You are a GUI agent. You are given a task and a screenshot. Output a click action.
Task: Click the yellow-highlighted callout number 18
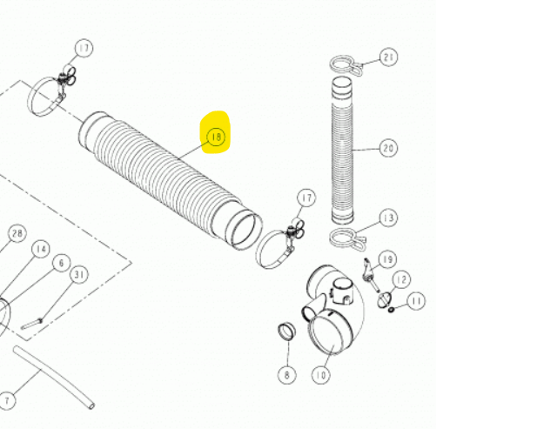click(215, 137)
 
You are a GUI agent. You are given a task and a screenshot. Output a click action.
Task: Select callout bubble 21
click(388, 58)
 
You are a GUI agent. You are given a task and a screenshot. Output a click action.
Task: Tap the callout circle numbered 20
click(388, 149)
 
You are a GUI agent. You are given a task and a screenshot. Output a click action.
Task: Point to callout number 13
click(387, 218)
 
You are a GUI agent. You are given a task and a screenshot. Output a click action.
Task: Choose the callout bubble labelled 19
click(388, 258)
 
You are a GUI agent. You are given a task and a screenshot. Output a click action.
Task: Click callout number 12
click(401, 278)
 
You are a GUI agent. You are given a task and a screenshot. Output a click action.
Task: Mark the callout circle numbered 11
click(417, 301)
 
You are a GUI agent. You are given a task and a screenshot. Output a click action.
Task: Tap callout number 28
click(16, 233)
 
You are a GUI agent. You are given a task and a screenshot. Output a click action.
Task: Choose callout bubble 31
click(79, 275)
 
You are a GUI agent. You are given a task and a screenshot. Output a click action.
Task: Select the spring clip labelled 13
click(346, 238)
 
